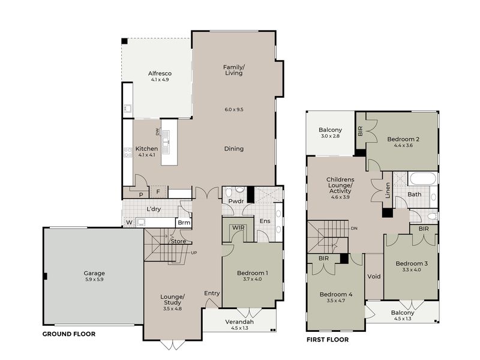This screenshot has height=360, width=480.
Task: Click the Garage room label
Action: [x=94, y=273]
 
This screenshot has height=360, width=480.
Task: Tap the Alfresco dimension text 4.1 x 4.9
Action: [x=160, y=80]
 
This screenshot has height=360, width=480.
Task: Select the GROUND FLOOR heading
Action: [x=69, y=334]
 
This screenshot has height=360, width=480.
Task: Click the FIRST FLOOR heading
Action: [x=328, y=340]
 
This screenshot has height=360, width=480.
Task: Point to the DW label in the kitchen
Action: [x=157, y=131]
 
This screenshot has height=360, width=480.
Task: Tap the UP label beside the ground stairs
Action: [x=194, y=253]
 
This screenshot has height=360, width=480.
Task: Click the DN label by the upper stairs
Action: [x=354, y=229]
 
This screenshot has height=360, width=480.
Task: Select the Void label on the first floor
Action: [x=374, y=277]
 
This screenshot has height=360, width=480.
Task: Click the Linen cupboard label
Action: [x=388, y=190]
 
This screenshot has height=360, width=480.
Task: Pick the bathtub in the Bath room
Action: [x=423, y=179]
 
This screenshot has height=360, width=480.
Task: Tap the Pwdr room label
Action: [x=236, y=201]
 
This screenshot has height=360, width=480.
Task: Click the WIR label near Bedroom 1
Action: [x=238, y=228]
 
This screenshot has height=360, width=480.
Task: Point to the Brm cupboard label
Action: [x=184, y=223]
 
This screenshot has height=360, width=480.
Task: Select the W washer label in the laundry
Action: [x=129, y=222]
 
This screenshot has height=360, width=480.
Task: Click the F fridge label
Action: [x=158, y=192]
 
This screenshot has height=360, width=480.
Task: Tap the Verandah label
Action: [x=239, y=322]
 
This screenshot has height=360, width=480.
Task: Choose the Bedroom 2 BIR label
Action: [x=361, y=131]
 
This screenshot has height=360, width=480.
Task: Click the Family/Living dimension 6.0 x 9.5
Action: [x=234, y=109]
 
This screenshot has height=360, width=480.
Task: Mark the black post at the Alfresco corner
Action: [x=124, y=41]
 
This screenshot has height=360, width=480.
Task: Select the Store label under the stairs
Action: [x=178, y=241]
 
